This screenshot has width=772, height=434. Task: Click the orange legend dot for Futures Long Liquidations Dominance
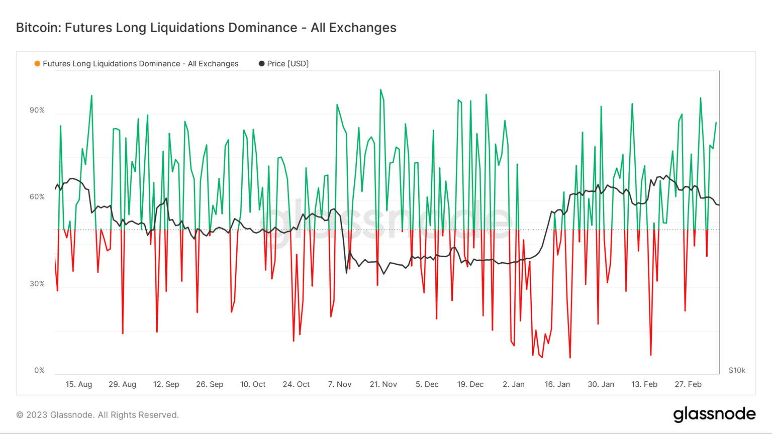pyautogui.click(x=37, y=64)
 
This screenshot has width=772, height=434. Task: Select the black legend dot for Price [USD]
pyautogui.click(x=261, y=64)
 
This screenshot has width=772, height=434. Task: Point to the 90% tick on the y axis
pyautogui.click(x=37, y=111)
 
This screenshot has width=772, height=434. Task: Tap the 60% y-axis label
pyautogui.click(x=37, y=197)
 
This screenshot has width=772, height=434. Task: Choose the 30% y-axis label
pyautogui.click(x=37, y=284)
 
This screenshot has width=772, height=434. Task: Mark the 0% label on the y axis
pyautogui.click(x=39, y=370)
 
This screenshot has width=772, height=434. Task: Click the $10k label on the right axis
pyautogui.click(x=737, y=370)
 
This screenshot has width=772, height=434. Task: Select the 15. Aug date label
pyautogui.click(x=79, y=384)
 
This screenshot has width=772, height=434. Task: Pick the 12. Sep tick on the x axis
pyautogui.click(x=166, y=384)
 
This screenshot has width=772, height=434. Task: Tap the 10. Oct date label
pyautogui.click(x=253, y=384)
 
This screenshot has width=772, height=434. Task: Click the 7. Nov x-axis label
pyautogui.click(x=340, y=384)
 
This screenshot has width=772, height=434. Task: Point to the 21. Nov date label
pyautogui.click(x=383, y=384)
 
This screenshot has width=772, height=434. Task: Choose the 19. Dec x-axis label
pyautogui.click(x=470, y=384)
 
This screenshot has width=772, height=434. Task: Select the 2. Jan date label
pyautogui.click(x=514, y=384)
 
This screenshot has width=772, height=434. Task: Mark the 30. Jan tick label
pyautogui.click(x=601, y=384)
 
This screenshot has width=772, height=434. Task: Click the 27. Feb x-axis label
pyautogui.click(x=688, y=384)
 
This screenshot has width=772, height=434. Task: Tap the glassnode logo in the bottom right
pyautogui.click(x=714, y=414)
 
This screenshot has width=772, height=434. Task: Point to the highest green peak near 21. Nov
pyautogui.click(x=381, y=90)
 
